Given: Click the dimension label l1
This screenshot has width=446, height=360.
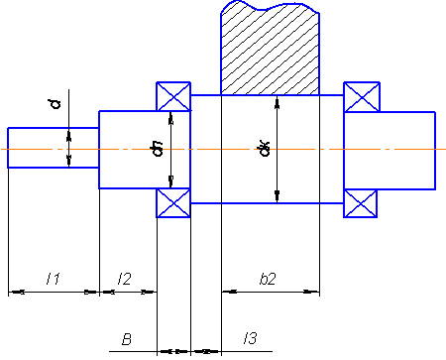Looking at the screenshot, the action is (x=54, y=279).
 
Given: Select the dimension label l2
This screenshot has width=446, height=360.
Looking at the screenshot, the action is (x=125, y=279).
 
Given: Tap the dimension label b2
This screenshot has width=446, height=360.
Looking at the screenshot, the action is (x=268, y=279).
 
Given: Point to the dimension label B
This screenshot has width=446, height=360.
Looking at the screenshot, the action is (x=127, y=339).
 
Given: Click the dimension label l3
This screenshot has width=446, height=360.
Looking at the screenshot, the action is (x=250, y=338).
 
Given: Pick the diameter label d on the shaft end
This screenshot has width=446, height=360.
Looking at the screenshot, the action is (x=56, y=104).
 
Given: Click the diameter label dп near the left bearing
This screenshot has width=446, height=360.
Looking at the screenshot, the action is (x=158, y=149).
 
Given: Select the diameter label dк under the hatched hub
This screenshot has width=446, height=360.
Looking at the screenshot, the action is (x=264, y=149).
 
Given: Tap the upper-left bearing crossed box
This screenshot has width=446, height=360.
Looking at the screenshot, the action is (x=173, y=96).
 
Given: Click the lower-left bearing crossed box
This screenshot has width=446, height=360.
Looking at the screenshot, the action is (x=173, y=203).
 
